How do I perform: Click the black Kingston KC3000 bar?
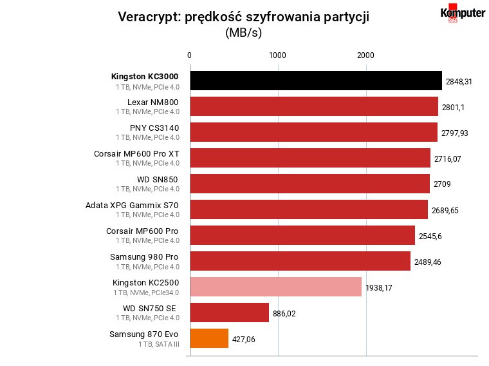(x=316, y=81)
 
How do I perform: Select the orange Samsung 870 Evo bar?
(x=209, y=338)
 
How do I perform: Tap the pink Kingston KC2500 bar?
(x=275, y=287)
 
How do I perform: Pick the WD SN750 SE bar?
(x=230, y=313)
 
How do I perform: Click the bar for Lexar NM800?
(x=314, y=106)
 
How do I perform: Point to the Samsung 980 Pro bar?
(x=300, y=261)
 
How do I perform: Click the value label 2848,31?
(x=459, y=82)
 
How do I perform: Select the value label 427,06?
(x=244, y=340)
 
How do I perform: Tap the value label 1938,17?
(x=379, y=288)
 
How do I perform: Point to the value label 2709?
(x=442, y=184)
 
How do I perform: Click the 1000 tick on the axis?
(x=277, y=55)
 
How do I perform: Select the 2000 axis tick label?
(x=365, y=55)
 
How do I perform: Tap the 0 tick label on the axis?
(x=189, y=55)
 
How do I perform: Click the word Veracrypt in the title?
(x=147, y=17)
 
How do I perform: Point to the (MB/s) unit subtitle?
(x=244, y=32)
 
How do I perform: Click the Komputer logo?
(x=463, y=13)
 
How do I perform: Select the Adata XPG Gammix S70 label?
(x=132, y=206)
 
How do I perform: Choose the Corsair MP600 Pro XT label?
(x=136, y=154)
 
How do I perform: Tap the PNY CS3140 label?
(x=154, y=128)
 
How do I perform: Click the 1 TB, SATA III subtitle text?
(x=159, y=345)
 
